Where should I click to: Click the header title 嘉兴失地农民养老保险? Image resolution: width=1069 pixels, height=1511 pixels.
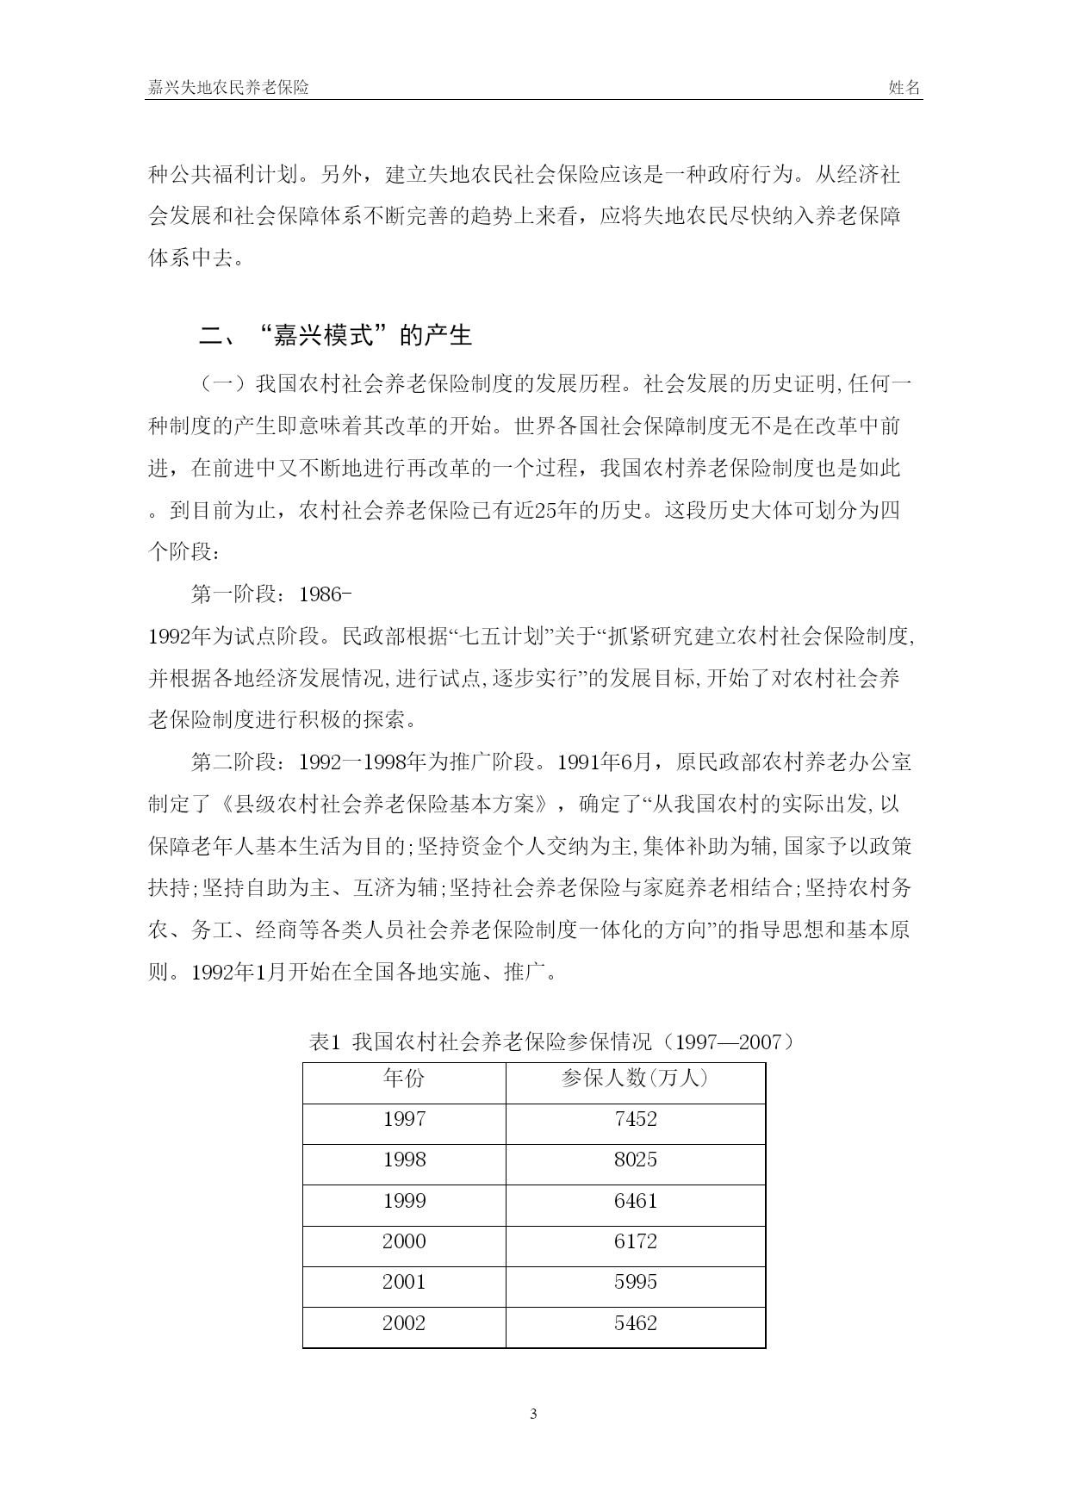point(228,88)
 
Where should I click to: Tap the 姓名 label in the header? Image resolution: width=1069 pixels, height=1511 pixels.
point(904,88)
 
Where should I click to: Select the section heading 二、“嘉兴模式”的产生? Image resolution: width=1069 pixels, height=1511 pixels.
point(336,335)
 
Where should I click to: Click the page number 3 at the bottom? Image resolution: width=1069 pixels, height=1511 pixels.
point(534,1414)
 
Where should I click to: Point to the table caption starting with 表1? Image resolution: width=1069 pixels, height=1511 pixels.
point(551,1042)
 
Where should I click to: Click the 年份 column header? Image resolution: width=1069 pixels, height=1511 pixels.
point(404,1079)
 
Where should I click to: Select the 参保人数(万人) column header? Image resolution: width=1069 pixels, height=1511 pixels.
point(635,1079)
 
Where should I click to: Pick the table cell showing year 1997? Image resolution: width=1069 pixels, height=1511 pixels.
point(404,1119)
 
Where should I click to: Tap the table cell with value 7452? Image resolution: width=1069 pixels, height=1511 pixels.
point(635,1119)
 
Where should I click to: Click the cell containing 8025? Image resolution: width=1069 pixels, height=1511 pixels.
point(635,1160)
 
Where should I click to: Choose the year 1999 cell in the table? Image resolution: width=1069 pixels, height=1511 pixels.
point(404,1201)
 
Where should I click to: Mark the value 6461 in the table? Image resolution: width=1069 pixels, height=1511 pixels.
point(635,1201)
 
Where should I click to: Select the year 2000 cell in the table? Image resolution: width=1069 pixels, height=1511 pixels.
point(404,1241)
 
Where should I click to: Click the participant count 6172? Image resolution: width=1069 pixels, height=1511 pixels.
point(635,1241)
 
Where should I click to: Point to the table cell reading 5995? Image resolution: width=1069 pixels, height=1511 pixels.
point(635,1282)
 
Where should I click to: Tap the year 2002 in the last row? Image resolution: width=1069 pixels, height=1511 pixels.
point(404,1323)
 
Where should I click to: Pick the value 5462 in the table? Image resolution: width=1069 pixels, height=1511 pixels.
point(635,1323)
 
